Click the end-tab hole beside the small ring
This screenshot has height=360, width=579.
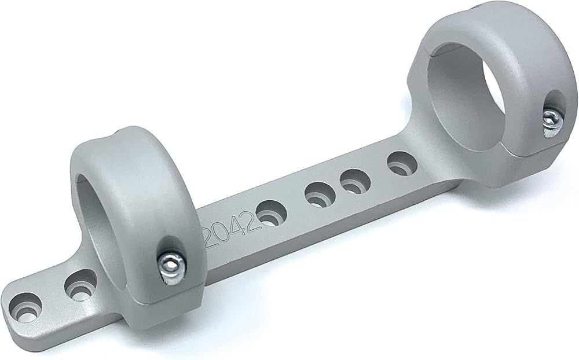[80, 285]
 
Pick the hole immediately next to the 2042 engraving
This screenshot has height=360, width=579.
[272, 213]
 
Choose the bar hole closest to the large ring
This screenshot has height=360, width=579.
[402, 163]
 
